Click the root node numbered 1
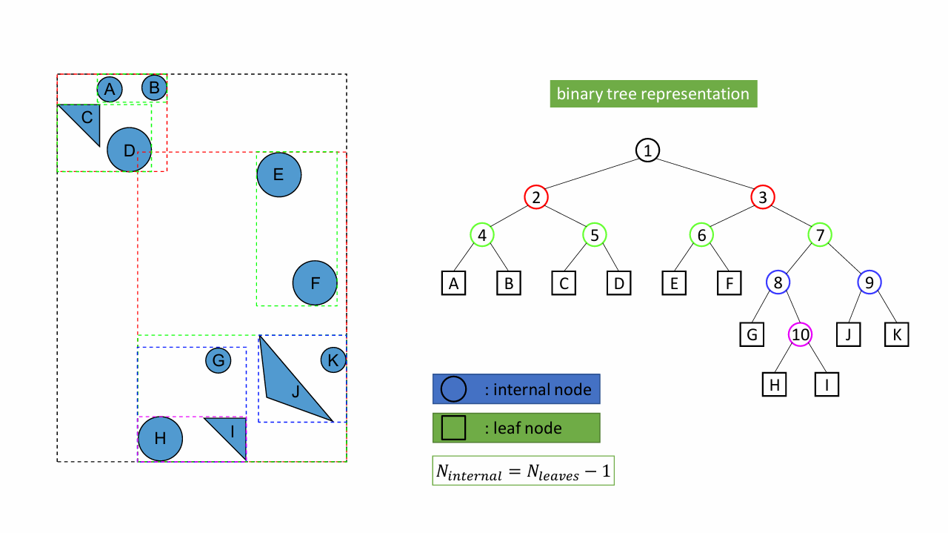coord(647,150)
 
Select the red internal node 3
coord(763,197)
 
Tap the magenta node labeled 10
coord(800,335)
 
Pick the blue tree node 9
coord(869,282)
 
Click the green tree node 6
coord(701,235)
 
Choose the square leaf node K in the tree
coord(896,335)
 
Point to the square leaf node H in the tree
coord(774,384)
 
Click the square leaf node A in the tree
coord(453,283)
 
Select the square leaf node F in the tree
coord(730,283)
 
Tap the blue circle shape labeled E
coord(279,174)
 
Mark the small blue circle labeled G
coord(218,360)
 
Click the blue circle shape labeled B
coord(154,87)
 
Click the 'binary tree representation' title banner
coord(653,93)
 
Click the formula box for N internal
coord(523,470)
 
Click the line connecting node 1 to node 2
coord(592,173)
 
